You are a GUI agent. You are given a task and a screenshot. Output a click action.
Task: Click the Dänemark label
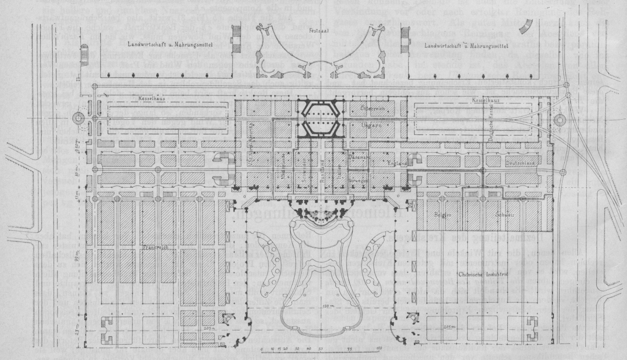tap(358, 157)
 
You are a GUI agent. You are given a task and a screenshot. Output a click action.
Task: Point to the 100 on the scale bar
tap(378, 349)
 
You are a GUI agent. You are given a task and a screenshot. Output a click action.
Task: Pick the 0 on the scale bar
tap(262, 349)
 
